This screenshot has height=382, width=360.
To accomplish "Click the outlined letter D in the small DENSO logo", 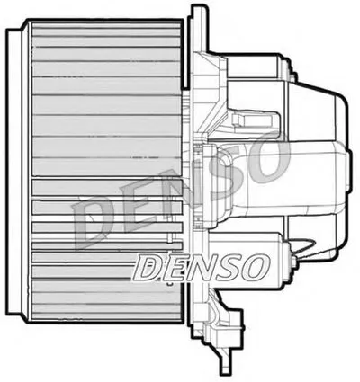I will click(148, 265).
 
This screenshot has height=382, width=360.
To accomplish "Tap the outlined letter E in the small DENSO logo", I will click(173, 265).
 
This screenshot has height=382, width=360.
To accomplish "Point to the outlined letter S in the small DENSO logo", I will click(227, 265).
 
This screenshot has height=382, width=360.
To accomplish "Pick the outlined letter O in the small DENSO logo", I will click(253, 265).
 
